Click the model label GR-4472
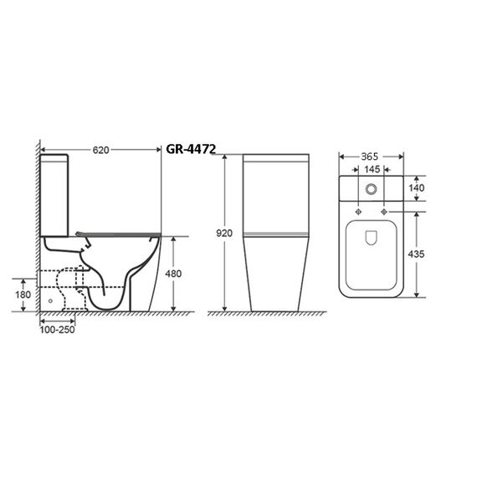tap(191, 149)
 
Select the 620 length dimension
tap(100, 150)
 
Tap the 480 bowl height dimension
tap(173, 274)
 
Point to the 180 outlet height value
tap(23, 295)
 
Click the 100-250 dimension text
tap(57, 330)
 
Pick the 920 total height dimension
tap(224, 233)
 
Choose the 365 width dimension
tap(369, 156)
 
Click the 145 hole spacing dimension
tap(372, 169)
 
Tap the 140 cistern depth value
tap(416, 188)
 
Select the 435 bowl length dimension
tap(416, 254)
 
